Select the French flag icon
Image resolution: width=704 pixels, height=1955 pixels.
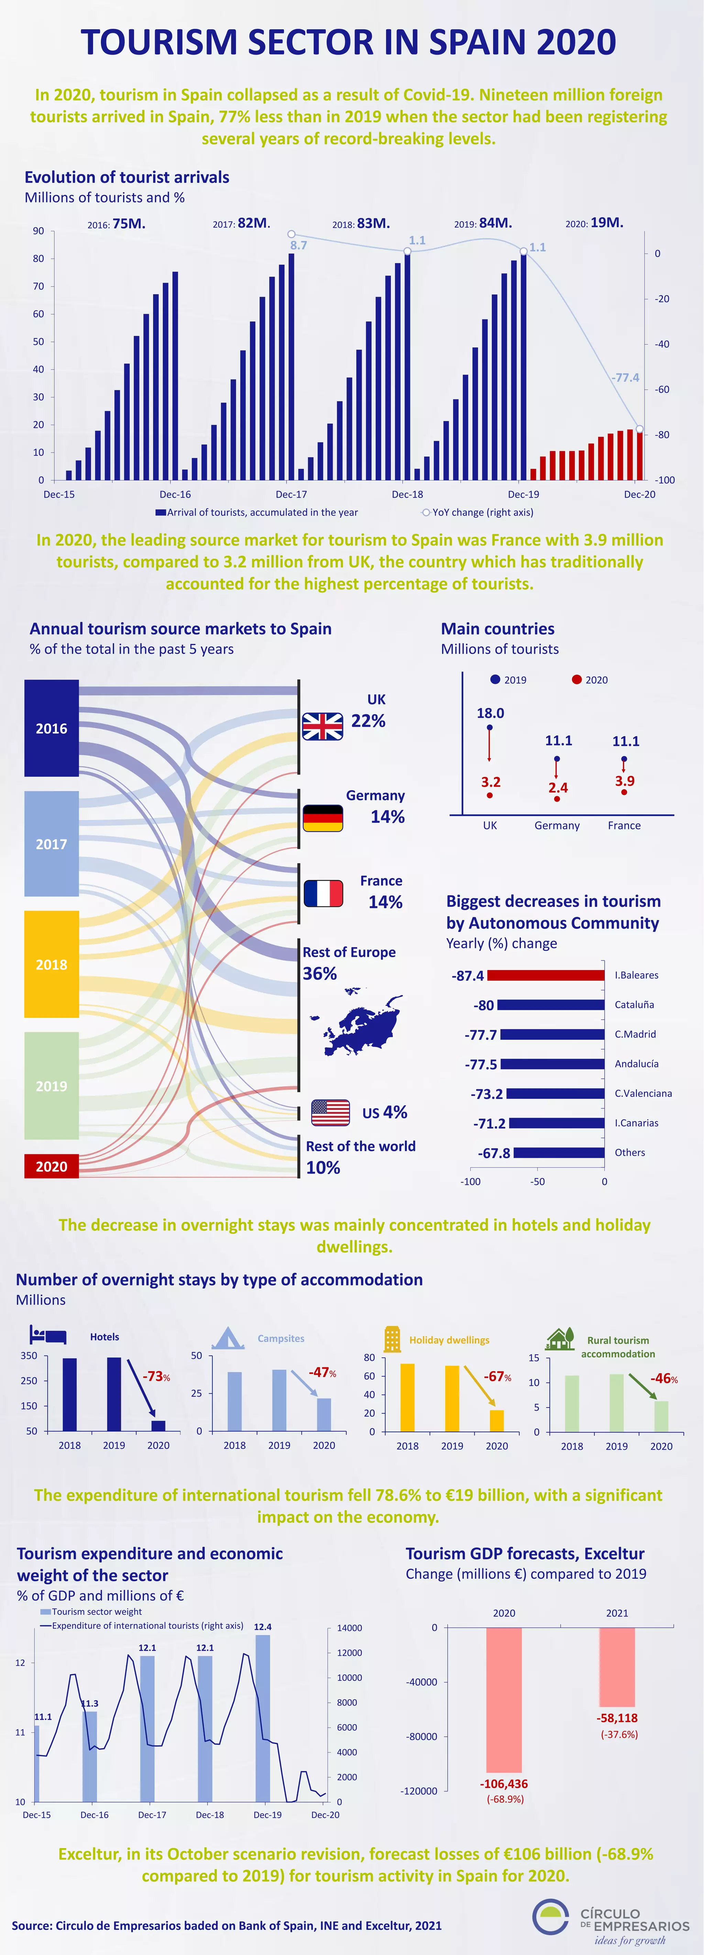click(323, 893)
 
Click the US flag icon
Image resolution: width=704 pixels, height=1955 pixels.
click(330, 1113)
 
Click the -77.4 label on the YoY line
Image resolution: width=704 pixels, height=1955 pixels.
click(625, 377)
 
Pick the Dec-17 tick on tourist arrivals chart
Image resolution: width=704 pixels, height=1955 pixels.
click(291, 494)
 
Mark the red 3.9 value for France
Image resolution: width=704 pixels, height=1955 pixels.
click(624, 781)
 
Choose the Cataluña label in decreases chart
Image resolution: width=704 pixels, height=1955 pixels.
click(634, 1005)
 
